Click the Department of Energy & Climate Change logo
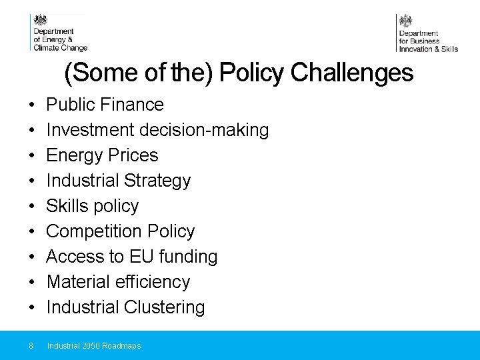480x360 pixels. pos(59,33)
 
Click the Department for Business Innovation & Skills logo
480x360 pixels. pos(427,33)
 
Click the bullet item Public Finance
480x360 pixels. pos(105,105)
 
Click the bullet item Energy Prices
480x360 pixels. pos(102,155)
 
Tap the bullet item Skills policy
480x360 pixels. pos(92,206)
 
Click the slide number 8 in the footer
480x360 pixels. pos(31,346)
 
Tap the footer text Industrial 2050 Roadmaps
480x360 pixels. pos(94,346)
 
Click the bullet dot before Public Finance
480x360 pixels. pos(31,105)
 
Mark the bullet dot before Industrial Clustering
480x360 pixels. pos(31,308)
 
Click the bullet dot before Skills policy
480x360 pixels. pos(31,207)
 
